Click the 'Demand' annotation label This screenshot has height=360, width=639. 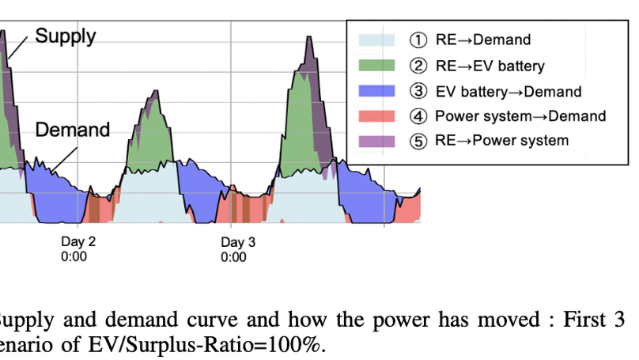[72, 130]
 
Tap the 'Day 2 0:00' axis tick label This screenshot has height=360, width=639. [78, 249]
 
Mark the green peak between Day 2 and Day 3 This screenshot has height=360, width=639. [149, 131]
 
